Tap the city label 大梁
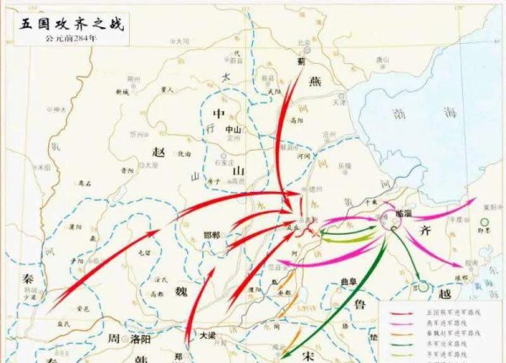[x=208, y=334]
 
